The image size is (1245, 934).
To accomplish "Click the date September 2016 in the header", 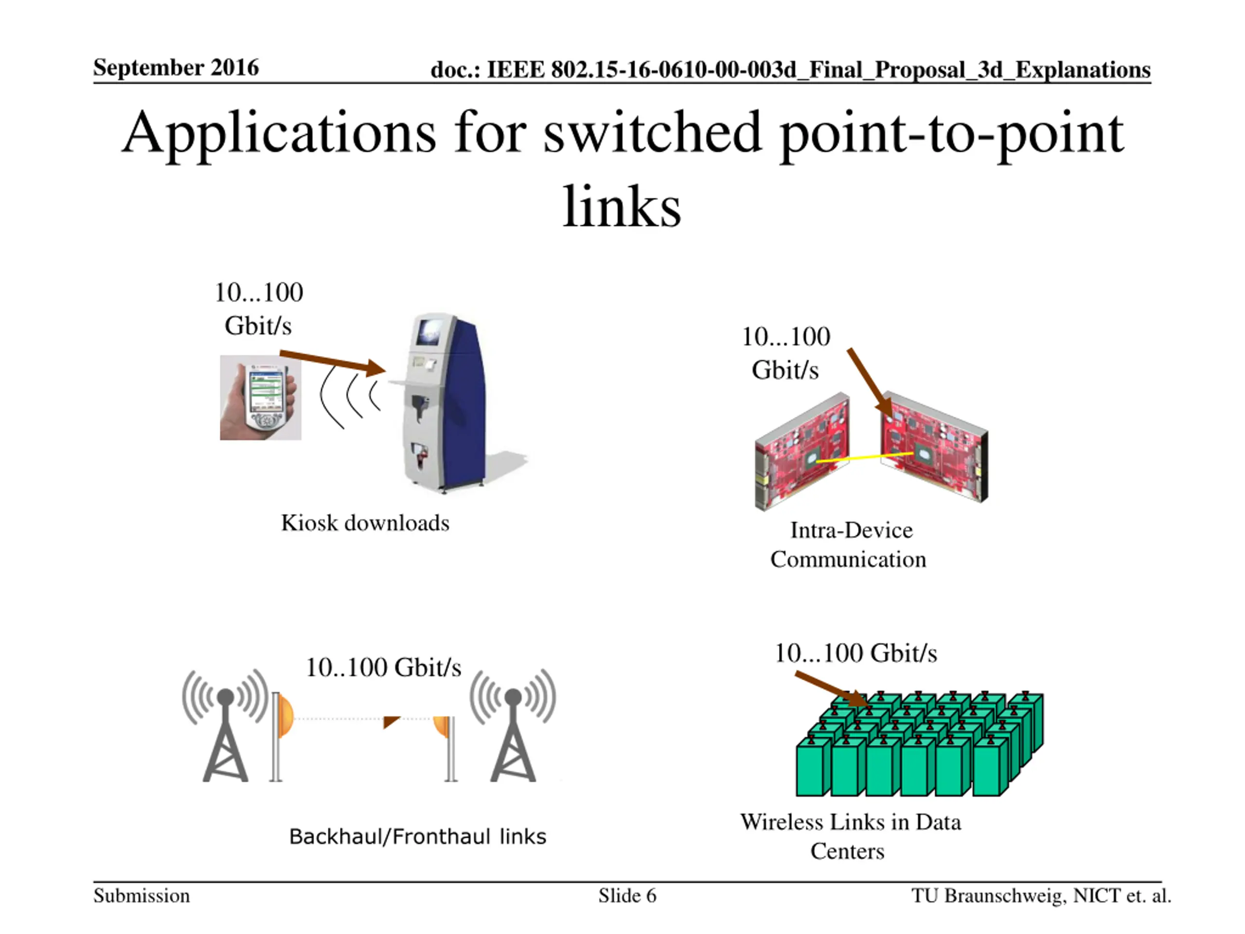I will coord(176,68).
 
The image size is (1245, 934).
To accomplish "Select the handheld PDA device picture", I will coord(261,397).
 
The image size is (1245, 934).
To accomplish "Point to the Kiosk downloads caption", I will coord(365,523).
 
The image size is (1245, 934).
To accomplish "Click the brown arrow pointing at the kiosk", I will coord(332,361).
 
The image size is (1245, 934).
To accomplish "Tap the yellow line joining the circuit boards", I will coord(864,457).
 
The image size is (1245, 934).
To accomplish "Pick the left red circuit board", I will coord(802,450).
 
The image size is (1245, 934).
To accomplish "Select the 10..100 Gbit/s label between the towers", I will coord(383,668).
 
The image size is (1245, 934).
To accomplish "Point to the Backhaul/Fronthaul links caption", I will coord(417,837).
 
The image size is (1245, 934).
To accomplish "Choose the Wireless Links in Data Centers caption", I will coord(850,836).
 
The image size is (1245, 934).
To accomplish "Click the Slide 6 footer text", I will coord(627,896).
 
